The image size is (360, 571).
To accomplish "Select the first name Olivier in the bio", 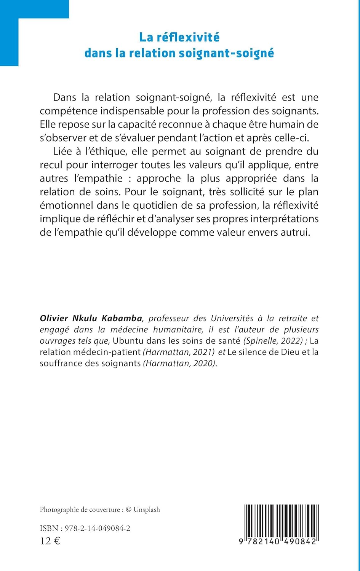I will [54, 318].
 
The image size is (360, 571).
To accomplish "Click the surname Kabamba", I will [122, 318].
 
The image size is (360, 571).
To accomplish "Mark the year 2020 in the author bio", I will [204, 364].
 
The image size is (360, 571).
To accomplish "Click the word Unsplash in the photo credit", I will [147, 510].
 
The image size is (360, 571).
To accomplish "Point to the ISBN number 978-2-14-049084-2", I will [98, 528].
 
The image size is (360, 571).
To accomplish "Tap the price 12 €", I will [50, 541].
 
